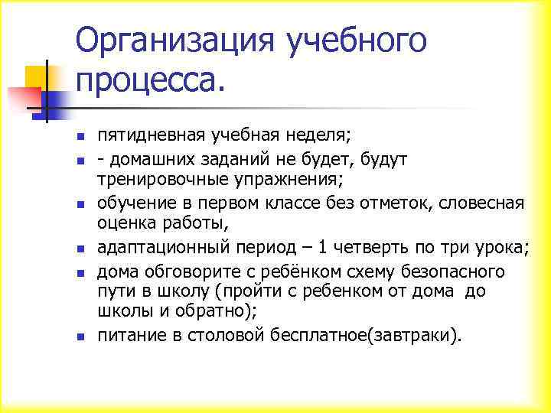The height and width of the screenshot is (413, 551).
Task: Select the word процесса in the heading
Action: pos(146,80)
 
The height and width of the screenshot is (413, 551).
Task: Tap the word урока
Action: pos(500,247)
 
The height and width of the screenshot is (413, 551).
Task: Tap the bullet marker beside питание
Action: pos(80,336)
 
